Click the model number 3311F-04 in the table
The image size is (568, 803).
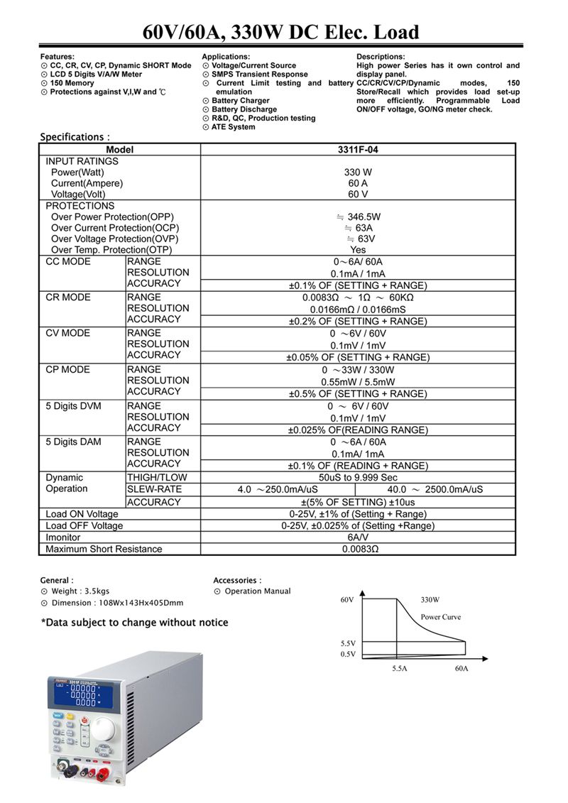[x=358, y=150]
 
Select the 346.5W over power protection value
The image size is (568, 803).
[x=358, y=217]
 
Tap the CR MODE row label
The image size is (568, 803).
[x=68, y=297]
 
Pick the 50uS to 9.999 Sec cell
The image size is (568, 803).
[x=358, y=478]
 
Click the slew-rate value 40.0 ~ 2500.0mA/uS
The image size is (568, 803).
[x=435, y=489]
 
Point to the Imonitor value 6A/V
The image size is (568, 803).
[x=358, y=537]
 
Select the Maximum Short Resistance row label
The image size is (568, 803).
[x=104, y=549]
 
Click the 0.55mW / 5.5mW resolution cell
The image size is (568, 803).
[x=358, y=381]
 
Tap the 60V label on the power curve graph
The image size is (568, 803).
[x=346, y=600]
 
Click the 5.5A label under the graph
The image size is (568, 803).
[x=399, y=669]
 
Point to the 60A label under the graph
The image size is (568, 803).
[x=461, y=669]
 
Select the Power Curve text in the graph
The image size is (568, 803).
[x=440, y=617]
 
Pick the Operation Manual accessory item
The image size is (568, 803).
[x=257, y=591]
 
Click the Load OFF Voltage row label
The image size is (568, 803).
[x=84, y=526]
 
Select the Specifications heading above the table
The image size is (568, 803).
[x=75, y=137]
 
